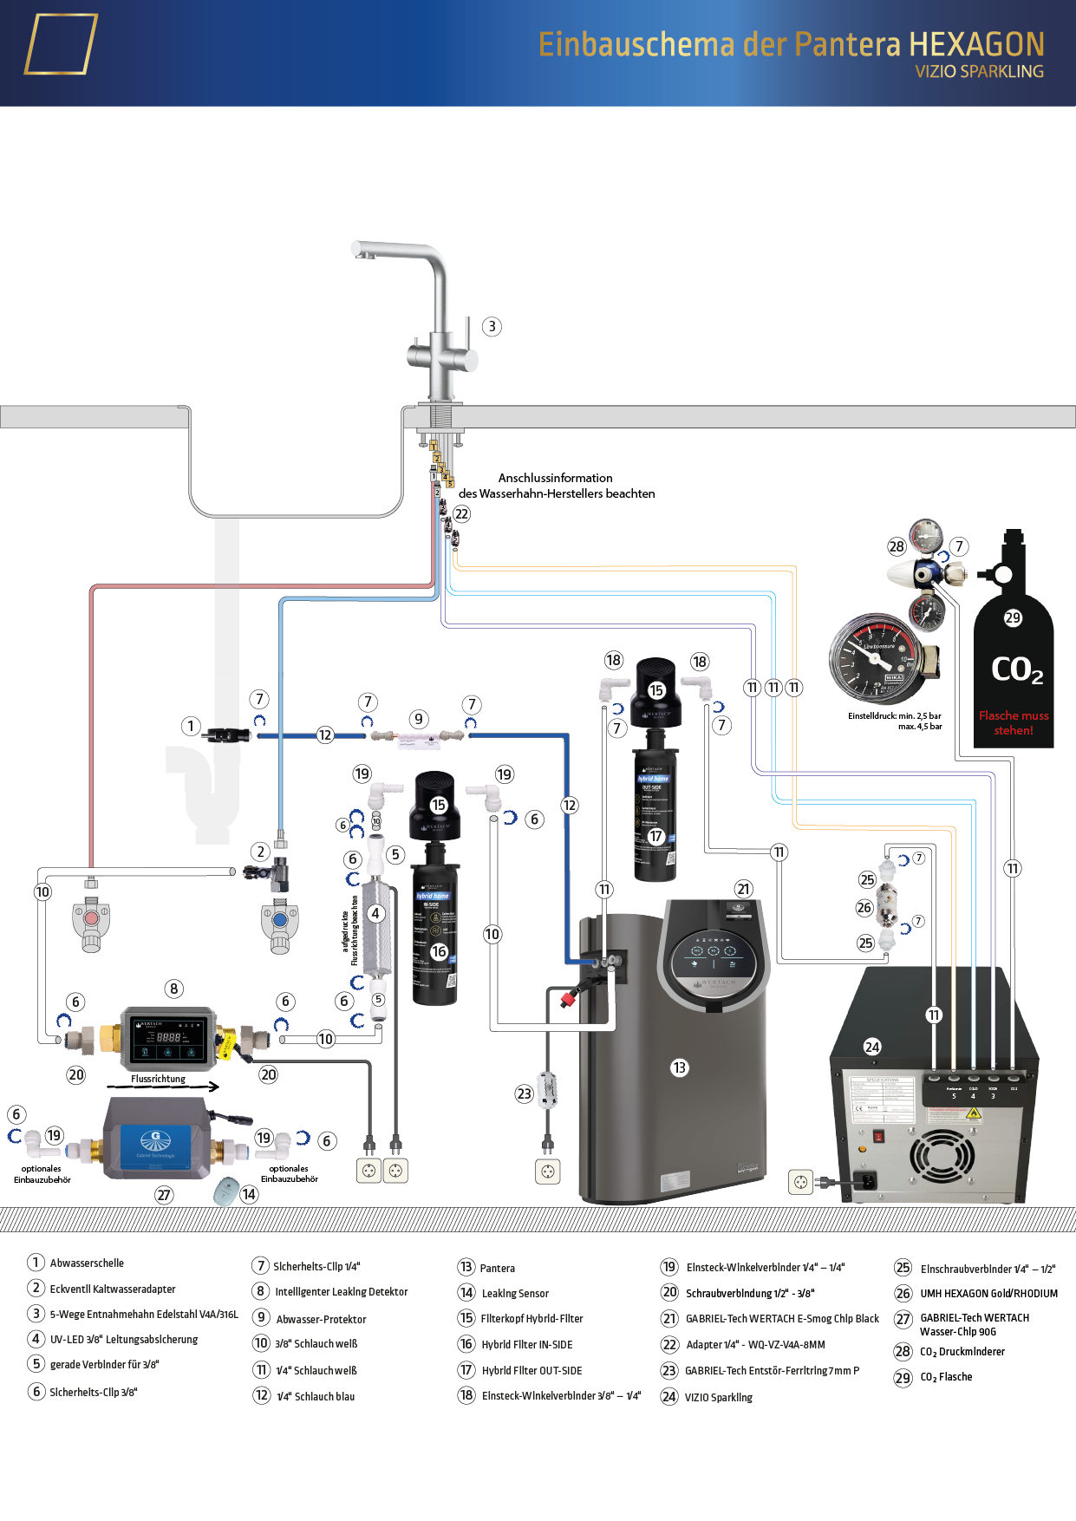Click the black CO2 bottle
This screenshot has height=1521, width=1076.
point(1013,659)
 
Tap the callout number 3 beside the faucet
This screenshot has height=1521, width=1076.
point(492,327)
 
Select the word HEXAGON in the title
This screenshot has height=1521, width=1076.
point(976,44)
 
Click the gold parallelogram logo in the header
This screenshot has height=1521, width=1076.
point(60,44)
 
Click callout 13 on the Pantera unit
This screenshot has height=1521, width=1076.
point(679,1067)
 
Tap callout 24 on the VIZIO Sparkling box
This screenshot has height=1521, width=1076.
point(872,1047)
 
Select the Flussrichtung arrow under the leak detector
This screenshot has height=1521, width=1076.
point(164,1086)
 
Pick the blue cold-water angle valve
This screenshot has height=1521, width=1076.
point(280,923)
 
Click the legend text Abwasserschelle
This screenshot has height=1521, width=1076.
point(87,1263)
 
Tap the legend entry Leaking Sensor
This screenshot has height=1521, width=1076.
point(515,1294)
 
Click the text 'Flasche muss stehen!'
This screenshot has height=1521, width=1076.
point(1014,723)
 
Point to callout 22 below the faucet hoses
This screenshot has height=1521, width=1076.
point(462,514)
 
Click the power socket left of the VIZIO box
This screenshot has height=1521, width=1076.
point(800,1181)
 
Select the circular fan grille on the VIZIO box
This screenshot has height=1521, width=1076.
point(941,1156)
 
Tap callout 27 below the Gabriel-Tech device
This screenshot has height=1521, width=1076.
point(164,1195)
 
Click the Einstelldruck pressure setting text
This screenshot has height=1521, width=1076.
point(895,721)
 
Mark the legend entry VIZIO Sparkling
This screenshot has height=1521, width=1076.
point(718,1397)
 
